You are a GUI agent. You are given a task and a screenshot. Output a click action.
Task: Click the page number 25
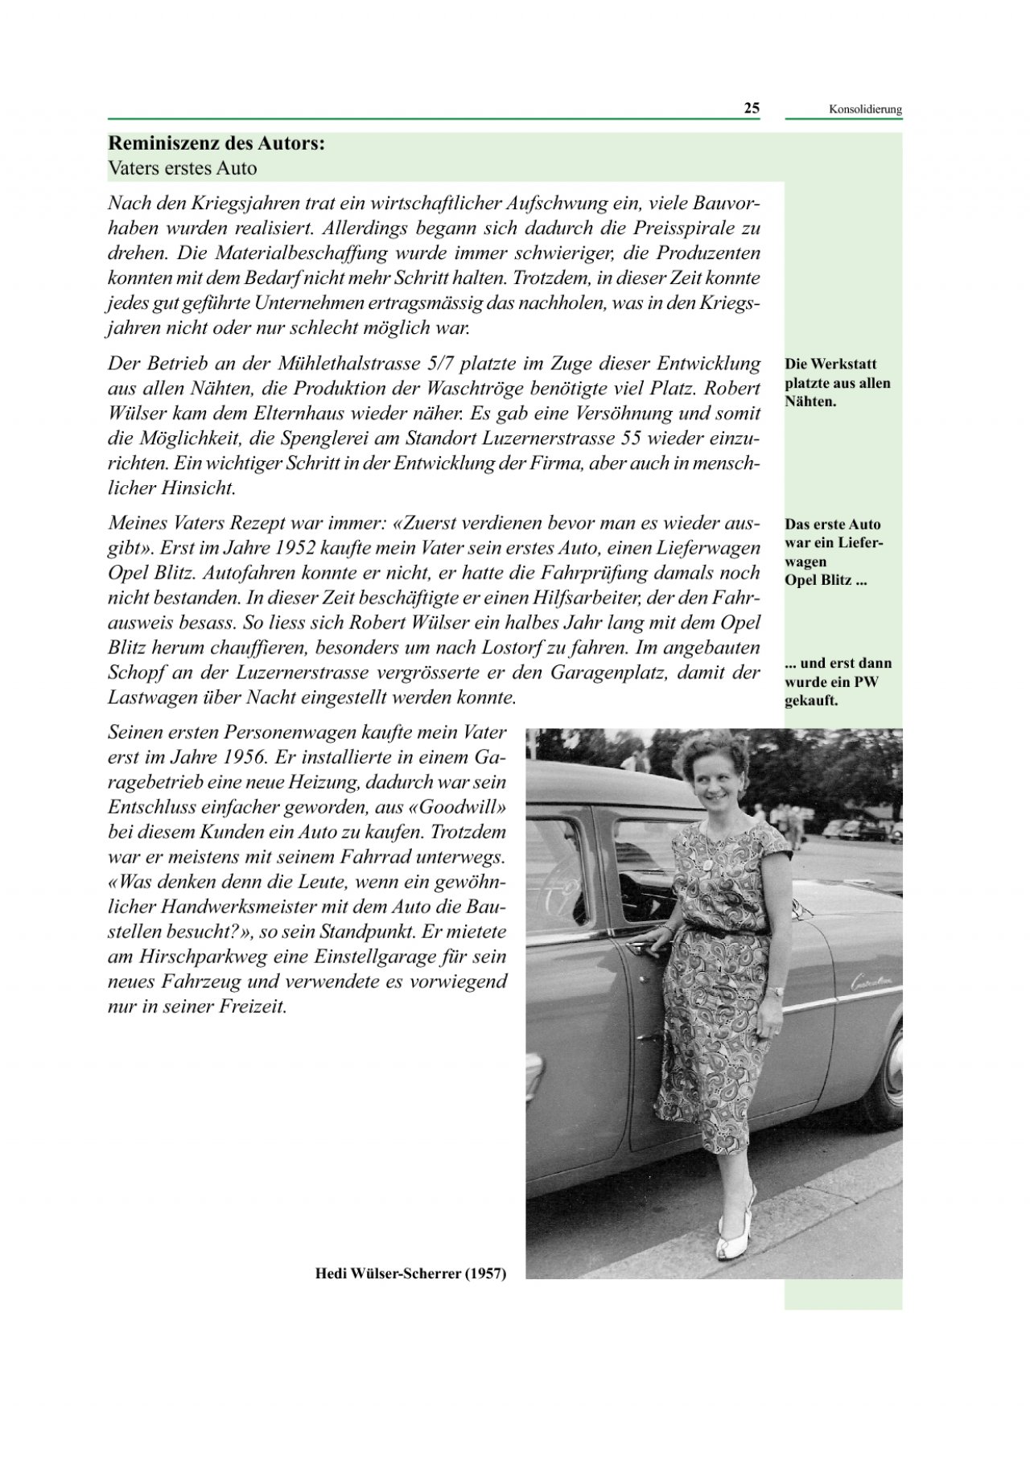(x=751, y=109)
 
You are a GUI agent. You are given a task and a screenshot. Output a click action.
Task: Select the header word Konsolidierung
(x=865, y=110)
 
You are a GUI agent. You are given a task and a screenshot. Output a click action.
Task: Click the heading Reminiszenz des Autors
(x=216, y=144)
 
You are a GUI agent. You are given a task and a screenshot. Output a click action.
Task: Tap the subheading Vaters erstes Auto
(x=182, y=169)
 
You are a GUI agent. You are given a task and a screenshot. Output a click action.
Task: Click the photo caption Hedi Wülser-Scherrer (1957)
(x=410, y=1273)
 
